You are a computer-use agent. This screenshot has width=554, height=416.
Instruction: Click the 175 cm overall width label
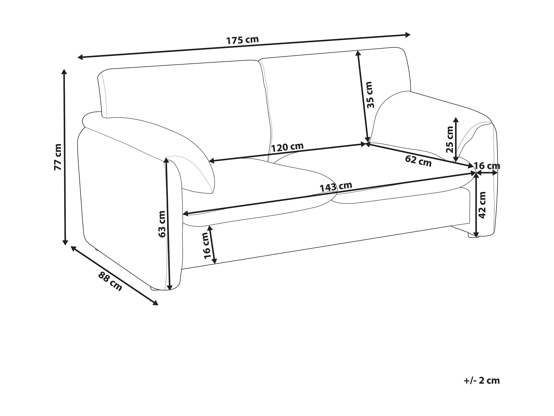coord(242,40)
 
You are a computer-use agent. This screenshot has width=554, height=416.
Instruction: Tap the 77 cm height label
coord(58,157)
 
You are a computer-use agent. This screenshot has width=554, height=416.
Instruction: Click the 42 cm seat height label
coord(482,205)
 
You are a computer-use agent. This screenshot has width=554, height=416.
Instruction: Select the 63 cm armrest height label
coord(162,224)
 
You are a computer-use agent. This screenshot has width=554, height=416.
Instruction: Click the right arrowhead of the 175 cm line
coord(408,35)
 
